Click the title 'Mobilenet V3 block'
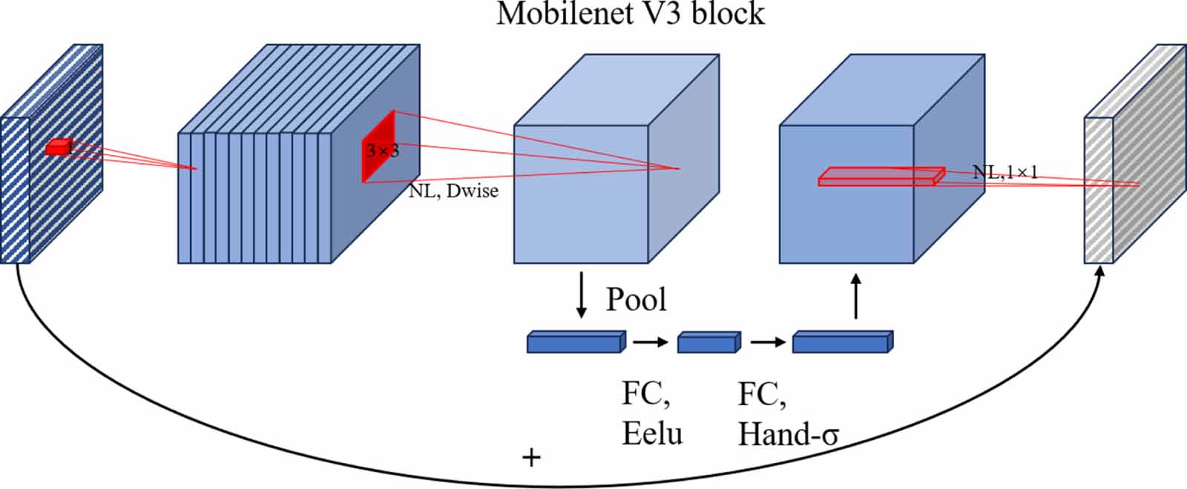[x=630, y=14]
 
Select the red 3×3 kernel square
[x=378, y=147]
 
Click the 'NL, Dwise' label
[x=453, y=191]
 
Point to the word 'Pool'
[x=636, y=299]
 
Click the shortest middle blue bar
[x=708, y=342]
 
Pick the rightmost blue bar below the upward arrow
[x=842, y=342]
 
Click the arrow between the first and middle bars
[x=650, y=342]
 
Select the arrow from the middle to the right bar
[x=767, y=342]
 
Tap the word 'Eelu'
[x=652, y=433]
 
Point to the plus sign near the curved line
[x=531, y=457]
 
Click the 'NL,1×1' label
[x=1004, y=174]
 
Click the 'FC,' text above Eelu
[x=645, y=393]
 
